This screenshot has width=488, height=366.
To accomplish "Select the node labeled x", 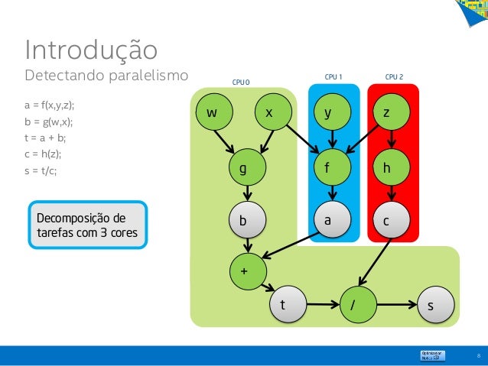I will (x=268, y=112).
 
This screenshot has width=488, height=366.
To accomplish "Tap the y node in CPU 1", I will (x=330, y=112).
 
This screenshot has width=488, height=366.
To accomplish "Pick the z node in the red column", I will (x=388, y=112).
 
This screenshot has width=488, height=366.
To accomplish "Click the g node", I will (x=244, y=169).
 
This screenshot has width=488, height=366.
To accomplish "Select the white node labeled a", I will (x=330, y=220).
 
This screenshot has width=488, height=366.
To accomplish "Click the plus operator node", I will (x=245, y=271).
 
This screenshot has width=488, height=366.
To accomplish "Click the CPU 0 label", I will (x=241, y=82).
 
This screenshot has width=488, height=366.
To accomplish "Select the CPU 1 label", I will (x=333, y=76).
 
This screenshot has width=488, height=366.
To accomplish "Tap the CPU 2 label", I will (x=394, y=76).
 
